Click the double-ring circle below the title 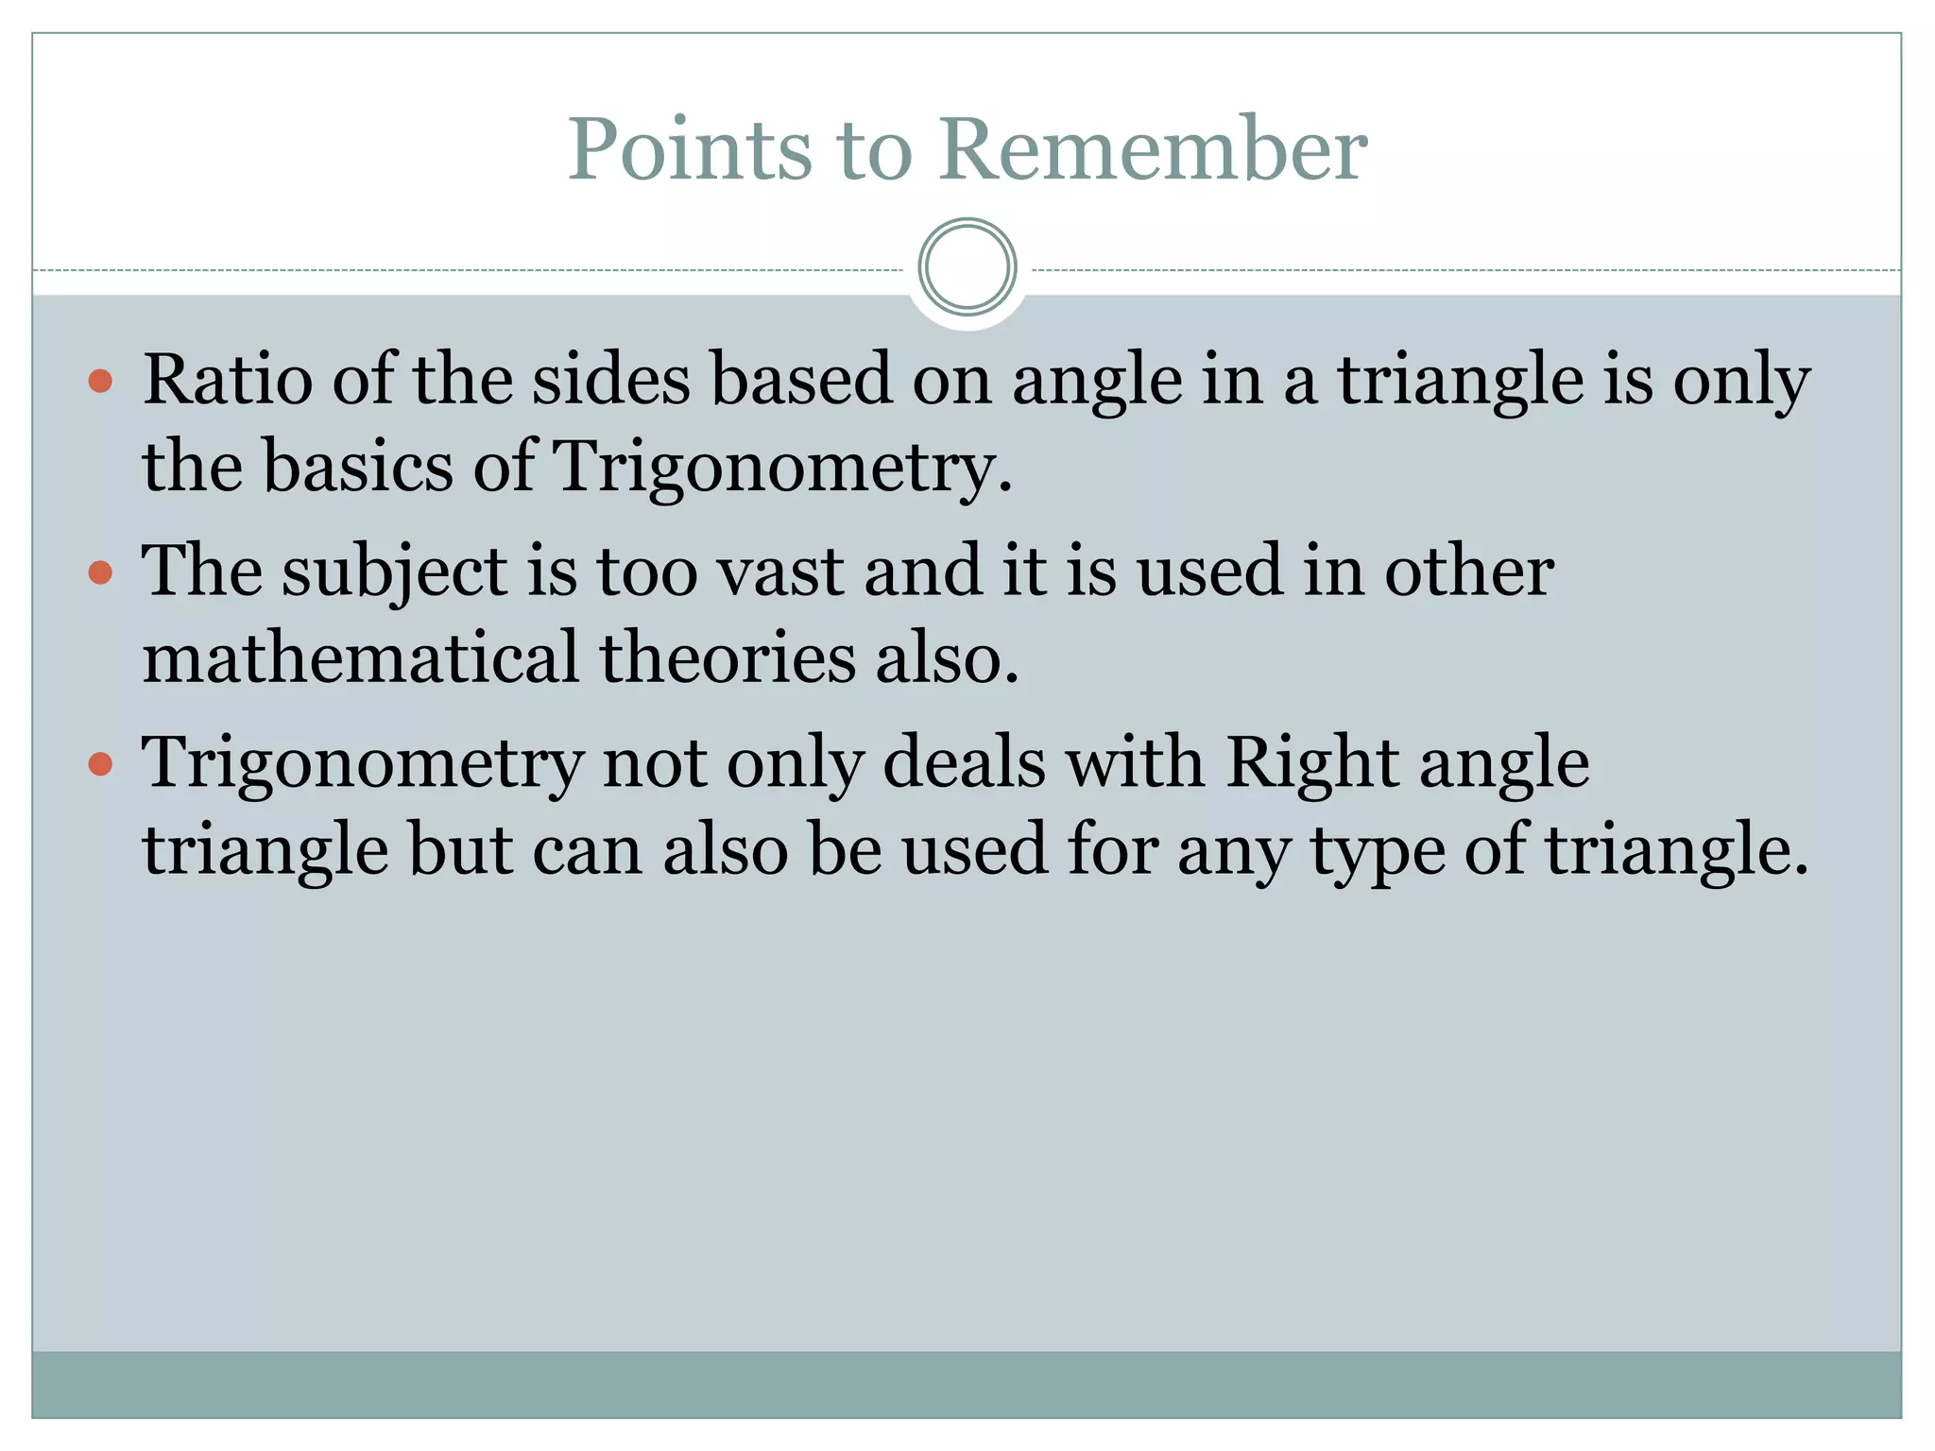[967, 267]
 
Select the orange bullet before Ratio [100, 382]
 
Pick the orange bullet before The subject [100, 572]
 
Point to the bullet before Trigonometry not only [100, 763]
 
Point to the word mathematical [360, 658]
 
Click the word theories [728, 658]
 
